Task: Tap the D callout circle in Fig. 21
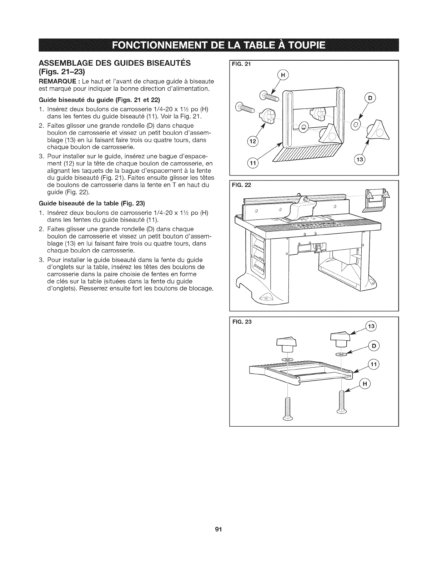[x=370, y=98]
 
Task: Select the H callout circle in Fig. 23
[x=365, y=384]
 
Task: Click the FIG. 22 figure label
[x=242, y=185]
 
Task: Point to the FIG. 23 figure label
[x=242, y=322]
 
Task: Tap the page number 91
[x=218, y=529]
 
